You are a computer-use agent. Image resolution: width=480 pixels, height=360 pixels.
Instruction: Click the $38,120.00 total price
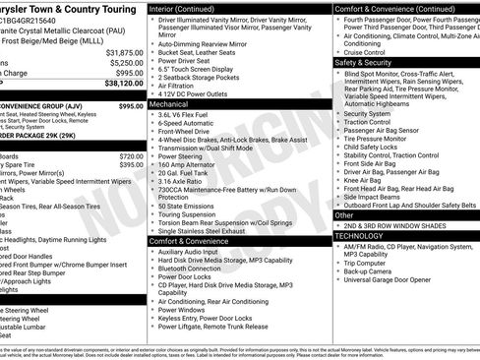click(x=116, y=85)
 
